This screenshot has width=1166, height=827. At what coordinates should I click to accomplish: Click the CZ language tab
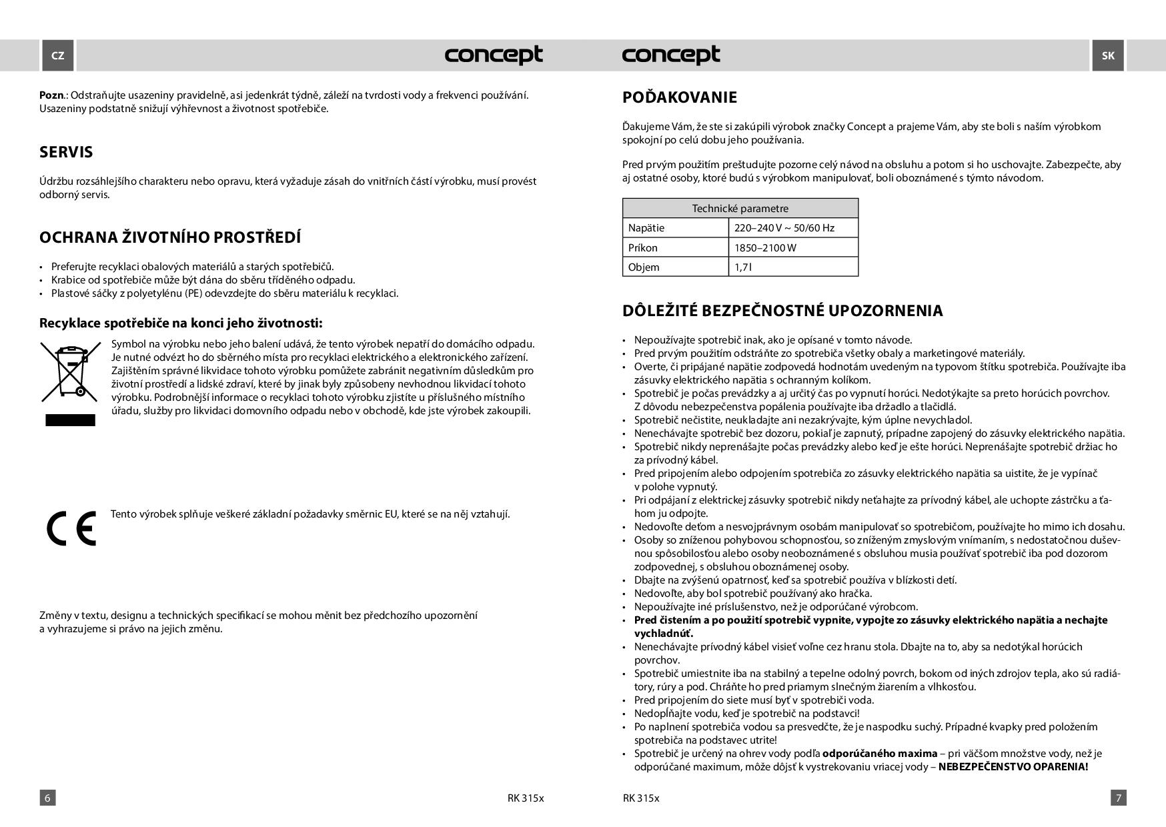tap(58, 55)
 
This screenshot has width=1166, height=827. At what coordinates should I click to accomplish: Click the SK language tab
tap(1107, 55)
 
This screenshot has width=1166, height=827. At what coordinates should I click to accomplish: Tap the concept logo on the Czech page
tap(494, 55)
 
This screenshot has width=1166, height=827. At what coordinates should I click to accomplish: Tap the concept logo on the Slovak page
tap(671, 55)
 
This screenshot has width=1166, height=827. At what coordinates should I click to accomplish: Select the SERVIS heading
tap(66, 152)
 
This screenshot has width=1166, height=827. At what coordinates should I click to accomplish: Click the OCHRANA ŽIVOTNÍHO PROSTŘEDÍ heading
tap(170, 237)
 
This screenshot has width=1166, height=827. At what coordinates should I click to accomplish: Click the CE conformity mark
tap(71, 528)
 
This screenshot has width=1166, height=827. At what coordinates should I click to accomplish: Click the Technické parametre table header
tap(740, 208)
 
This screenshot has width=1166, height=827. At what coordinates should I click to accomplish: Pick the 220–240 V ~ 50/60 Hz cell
tap(784, 228)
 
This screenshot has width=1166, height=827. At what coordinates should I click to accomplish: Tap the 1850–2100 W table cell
tap(765, 247)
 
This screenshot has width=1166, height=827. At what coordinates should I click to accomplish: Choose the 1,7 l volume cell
tap(742, 267)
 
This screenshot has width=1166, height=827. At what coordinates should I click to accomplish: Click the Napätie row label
tap(646, 228)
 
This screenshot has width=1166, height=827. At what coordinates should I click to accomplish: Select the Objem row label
tap(644, 267)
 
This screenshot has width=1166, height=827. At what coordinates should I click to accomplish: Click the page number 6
tap(47, 798)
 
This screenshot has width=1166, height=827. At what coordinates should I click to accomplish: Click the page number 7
tap(1119, 798)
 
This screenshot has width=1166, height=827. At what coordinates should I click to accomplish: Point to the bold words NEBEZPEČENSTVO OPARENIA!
tap(1013, 767)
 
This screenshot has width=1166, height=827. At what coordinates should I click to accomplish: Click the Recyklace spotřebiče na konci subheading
tap(181, 323)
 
